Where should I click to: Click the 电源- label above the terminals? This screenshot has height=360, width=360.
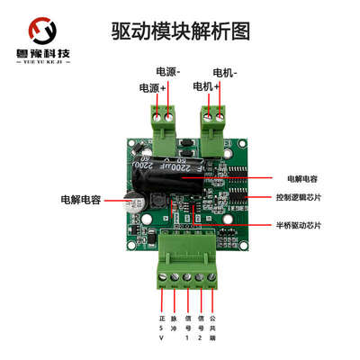(x=167, y=71)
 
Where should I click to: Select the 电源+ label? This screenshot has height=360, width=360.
(x=150, y=87)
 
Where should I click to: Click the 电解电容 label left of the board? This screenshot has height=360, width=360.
(x=78, y=196)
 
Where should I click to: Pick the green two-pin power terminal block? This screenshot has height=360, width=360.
(x=164, y=125)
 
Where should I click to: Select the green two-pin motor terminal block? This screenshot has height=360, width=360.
(x=213, y=125)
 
